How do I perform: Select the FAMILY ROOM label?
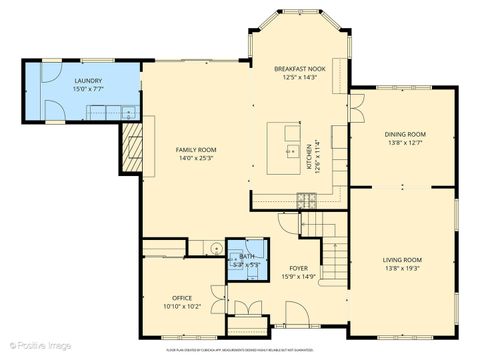click(x=197, y=149)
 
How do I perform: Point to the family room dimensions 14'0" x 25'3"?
click(x=197, y=158)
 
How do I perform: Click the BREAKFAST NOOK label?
click(x=300, y=68)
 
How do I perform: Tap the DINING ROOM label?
click(x=405, y=134)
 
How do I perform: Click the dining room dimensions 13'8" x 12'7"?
click(x=405, y=143)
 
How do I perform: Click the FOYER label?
click(x=299, y=268)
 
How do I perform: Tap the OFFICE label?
click(x=181, y=297)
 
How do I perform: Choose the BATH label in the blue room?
click(x=247, y=257)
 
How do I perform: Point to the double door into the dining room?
click(x=353, y=107)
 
